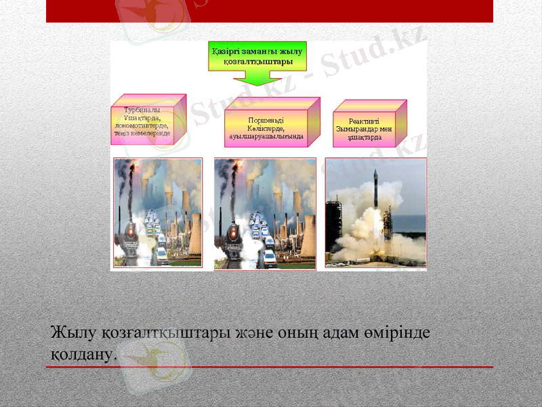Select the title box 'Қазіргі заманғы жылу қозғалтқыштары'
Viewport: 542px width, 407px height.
point(257,55)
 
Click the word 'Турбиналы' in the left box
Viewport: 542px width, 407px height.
point(142,110)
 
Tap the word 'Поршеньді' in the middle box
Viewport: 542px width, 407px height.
point(266,119)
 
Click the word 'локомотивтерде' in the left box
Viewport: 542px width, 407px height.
point(142,125)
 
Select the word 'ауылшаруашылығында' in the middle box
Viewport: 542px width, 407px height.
point(266,136)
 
